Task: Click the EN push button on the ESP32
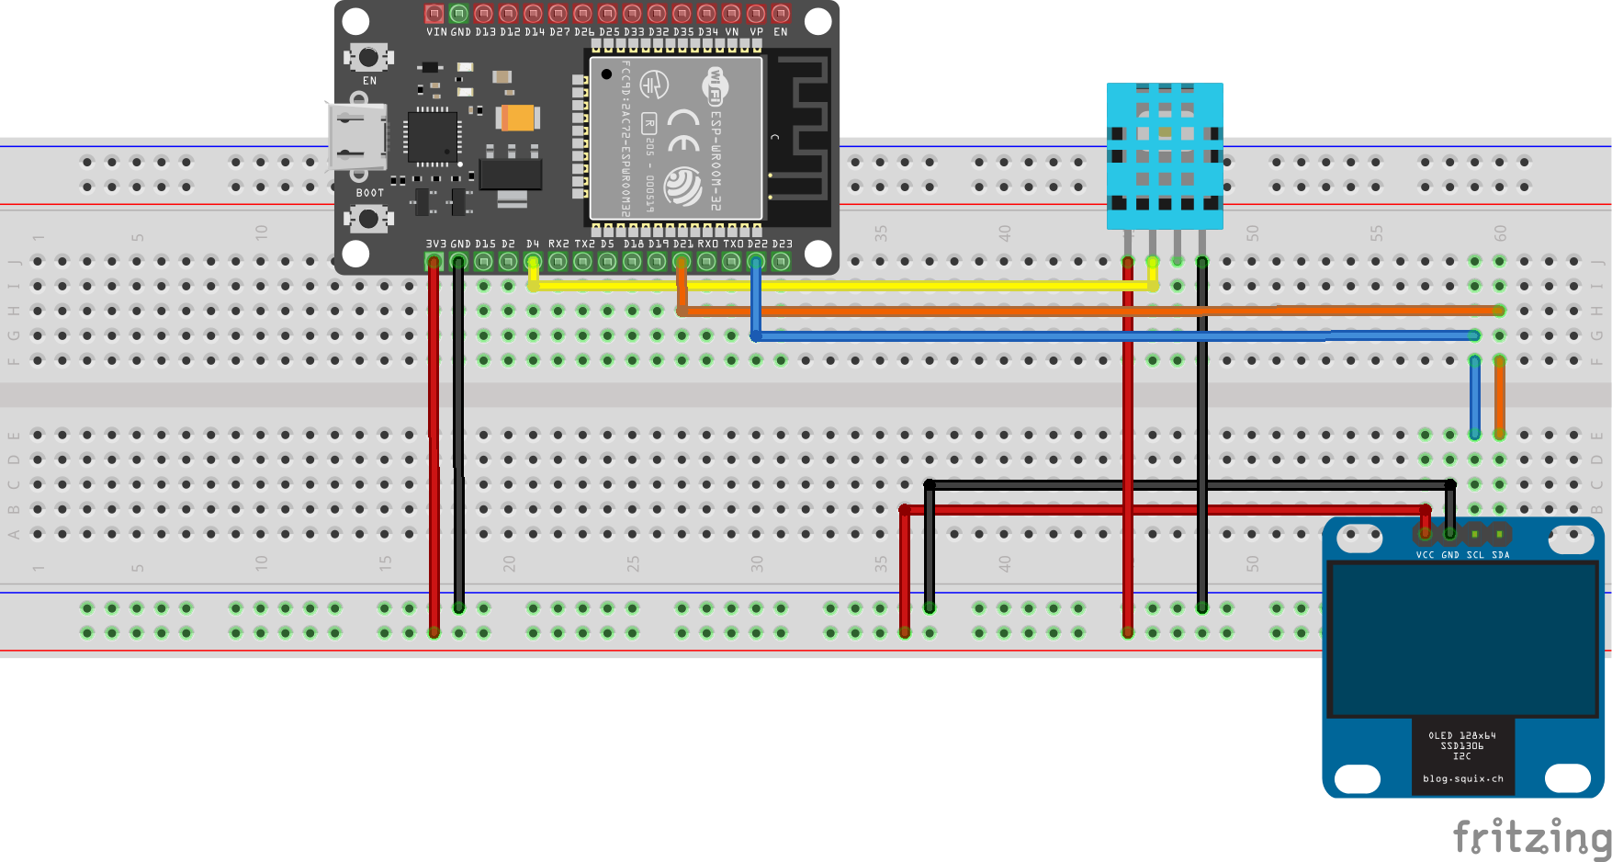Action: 368,58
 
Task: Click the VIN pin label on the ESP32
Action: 436,32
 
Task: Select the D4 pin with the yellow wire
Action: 533,262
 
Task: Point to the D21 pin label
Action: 682,244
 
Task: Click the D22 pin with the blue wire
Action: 756,262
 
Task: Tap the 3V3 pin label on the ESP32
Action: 435,244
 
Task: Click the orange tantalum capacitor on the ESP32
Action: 517,118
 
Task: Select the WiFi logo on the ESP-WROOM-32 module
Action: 716,85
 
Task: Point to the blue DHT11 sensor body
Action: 1165,156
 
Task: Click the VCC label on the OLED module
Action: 1425,555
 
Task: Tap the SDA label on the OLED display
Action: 1500,555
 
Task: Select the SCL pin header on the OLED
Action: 1474,534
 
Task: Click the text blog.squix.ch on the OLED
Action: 1462,779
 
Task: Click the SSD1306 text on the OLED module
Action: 1462,746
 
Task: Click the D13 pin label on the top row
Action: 485,32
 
